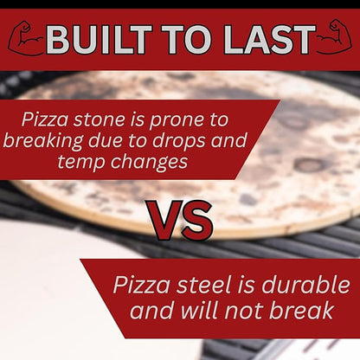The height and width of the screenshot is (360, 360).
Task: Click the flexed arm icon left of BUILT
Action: [26, 39]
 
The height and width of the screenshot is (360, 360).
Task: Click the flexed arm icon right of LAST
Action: [333, 39]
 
